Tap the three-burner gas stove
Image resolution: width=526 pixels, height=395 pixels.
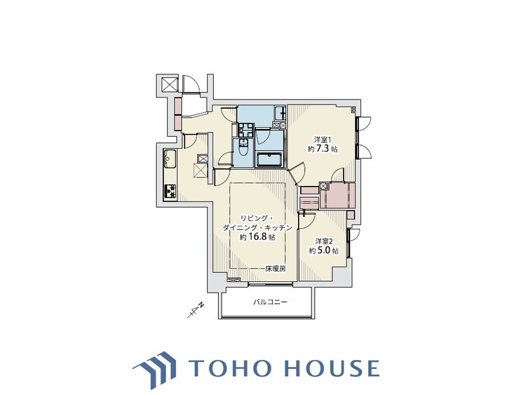coord(170,192)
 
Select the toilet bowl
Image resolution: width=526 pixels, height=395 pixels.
coord(243,149)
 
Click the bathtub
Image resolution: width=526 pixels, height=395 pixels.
coord(270,159)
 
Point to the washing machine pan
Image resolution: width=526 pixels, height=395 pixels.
coord(279,113)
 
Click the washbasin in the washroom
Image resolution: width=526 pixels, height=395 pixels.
coord(245,130)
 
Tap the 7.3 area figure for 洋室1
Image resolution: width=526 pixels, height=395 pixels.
coord(323,149)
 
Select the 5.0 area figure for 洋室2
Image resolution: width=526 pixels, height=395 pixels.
coord(324,250)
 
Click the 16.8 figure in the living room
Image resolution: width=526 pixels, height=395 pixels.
coord(257,237)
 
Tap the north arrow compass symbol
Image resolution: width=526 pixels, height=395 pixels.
coord(196,310)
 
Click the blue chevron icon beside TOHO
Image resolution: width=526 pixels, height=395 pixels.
coord(155,369)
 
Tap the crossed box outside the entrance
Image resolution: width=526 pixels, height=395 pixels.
coord(168,84)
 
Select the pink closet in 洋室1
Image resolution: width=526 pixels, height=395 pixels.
coord(337,195)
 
